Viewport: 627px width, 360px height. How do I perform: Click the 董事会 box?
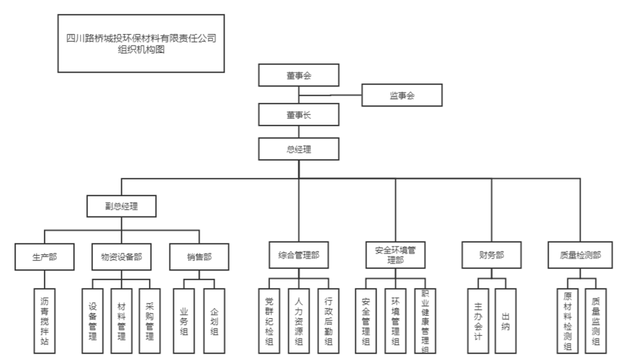pyautogui.click(x=298, y=76)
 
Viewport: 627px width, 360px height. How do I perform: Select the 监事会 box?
pyautogui.click(x=402, y=95)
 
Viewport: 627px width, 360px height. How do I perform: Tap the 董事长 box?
pyautogui.click(x=298, y=114)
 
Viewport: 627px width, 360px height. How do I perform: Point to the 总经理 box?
pyautogui.click(x=298, y=149)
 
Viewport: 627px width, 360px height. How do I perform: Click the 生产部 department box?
pyautogui.click(x=45, y=256)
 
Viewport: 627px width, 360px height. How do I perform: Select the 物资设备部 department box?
pyautogui.click(x=121, y=256)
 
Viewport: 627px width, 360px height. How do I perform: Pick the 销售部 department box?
pyautogui.click(x=199, y=256)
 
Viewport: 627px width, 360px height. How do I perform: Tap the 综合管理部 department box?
pyautogui.click(x=298, y=254)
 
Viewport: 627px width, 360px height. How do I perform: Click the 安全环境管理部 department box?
pyautogui.click(x=395, y=254)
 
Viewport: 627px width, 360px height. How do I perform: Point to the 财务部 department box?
pyautogui.click(x=491, y=254)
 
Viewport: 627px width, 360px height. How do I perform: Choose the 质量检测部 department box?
pyautogui.click(x=581, y=254)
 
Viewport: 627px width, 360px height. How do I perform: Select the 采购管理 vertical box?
pyautogui.click(x=149, y=321)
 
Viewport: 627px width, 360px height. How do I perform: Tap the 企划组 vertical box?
pyautogui.click(x=214, y=321)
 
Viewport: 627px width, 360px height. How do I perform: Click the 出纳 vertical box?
pyautogui.click(x=505, y=321)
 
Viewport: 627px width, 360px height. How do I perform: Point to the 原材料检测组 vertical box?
pyautogui.click(x=567, y=321)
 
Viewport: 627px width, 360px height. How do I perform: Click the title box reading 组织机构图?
pyautogui.click(x=141, y=44)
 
